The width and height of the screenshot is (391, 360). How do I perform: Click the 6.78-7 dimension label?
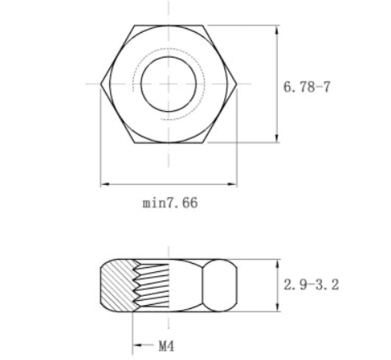pyautogui.click(x=306, y=87)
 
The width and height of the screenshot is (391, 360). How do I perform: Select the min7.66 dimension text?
pyautogui.click(x=170, y=203)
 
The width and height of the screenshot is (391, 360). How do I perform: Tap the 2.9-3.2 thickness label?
pyautogui.click(x=311, y=284)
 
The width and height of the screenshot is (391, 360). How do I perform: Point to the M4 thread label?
pyautogui.click(x=166, y=346)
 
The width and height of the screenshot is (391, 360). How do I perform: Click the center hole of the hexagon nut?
pyautogui.click(x=168, y=84)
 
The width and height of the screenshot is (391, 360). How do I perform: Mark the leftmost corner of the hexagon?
pyautogui.click(x=100, y=84)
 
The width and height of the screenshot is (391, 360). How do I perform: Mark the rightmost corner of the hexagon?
pyautogui.click(x=237, y=84)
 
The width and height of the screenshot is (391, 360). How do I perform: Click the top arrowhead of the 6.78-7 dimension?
pyautogui.click(x=278, y=30)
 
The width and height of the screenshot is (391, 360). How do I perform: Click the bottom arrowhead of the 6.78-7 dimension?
pyautogui.click(x=278, y=138)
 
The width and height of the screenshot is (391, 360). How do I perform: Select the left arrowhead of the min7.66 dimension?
pyautogui.click(x=105, y=184)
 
